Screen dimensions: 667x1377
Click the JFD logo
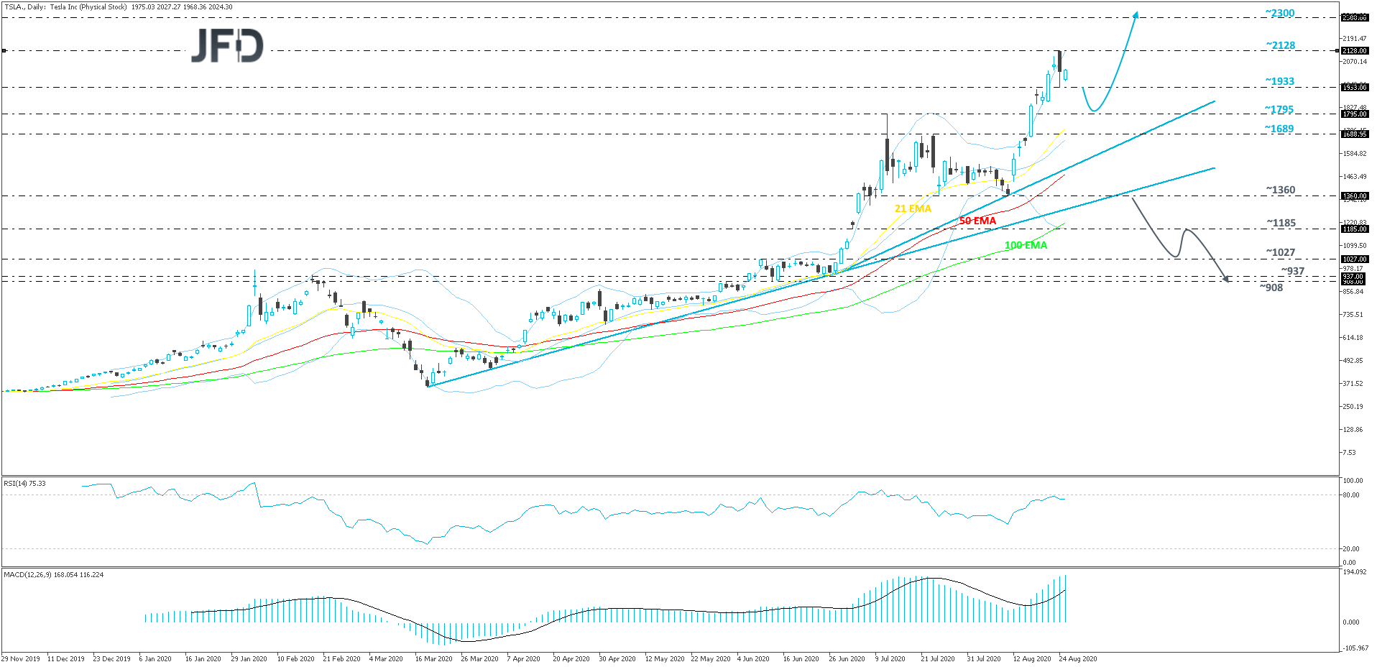(x=227, y=45)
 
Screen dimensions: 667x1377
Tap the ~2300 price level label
(x=1280, y=13)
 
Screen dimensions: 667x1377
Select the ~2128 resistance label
(x=1280, y=45)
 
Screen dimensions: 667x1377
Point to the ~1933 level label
(x=1279, y=81)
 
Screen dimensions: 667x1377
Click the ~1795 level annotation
(x=1279, y=109)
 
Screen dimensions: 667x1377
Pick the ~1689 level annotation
(x=1279, y=129)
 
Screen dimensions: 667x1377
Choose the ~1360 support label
(x=1280, y=190)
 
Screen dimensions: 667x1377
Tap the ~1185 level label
(x=1281, y=223)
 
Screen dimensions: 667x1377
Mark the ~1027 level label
(x=1280, y=252)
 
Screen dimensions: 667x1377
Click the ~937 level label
(x=1292, y=271)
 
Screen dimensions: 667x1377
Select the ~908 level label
(x=1271, y=287)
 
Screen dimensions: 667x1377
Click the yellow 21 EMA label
(x=912, y=208)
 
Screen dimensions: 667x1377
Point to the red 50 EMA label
(x=977, y=221)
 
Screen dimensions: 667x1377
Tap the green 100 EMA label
(x=1026, y=245)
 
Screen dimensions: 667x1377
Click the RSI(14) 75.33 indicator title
(x=24, y=484)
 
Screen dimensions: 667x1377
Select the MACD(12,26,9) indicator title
(x=53, y=575)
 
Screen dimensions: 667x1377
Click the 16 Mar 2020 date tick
(x=433, y=658)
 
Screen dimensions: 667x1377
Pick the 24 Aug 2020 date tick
(x=1077, y=658)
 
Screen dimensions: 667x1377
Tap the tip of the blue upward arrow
(x=1136, y=12)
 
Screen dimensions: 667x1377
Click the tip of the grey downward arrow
(x=1228, y=281)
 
